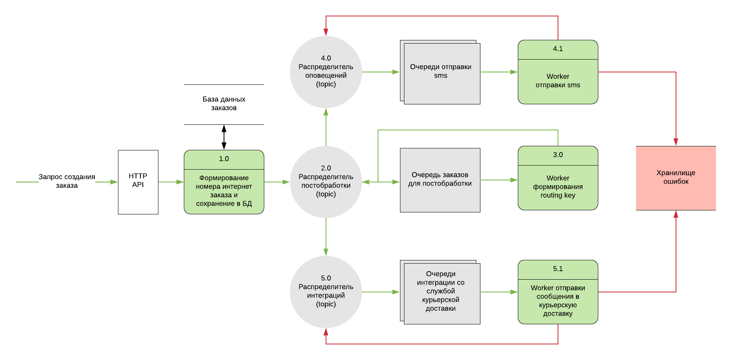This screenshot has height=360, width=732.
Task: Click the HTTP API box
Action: click(138, 182)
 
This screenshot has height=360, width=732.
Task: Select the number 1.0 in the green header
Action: click(224, 159)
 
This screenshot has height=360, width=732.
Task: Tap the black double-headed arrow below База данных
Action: click(224, 137)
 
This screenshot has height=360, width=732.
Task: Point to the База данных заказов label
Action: click(224, 104)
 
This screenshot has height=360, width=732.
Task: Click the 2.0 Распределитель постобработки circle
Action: click(326, 182)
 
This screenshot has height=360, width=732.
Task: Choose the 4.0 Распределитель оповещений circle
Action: click(326, 72)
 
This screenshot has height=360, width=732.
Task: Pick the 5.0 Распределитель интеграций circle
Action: click(326, 292)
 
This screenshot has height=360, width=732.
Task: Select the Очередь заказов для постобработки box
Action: click(440, 180)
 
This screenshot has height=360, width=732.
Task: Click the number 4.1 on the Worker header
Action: click(558, 49)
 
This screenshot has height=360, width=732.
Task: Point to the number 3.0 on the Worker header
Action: click(558, 155)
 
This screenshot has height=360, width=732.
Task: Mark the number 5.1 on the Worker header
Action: click(558, 269)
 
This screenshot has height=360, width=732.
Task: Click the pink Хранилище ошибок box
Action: click(676, 178)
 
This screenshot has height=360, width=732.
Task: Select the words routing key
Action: click(558, 195)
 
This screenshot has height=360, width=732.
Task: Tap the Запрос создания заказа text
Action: click(67, 181)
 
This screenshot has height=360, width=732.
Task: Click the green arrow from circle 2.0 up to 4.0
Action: click(326, 127)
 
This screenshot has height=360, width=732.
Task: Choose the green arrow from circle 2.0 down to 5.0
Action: click(326, 237)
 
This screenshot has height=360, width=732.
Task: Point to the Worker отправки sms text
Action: click(558, 81)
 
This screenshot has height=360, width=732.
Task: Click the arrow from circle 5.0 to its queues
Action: click(381, 292)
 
